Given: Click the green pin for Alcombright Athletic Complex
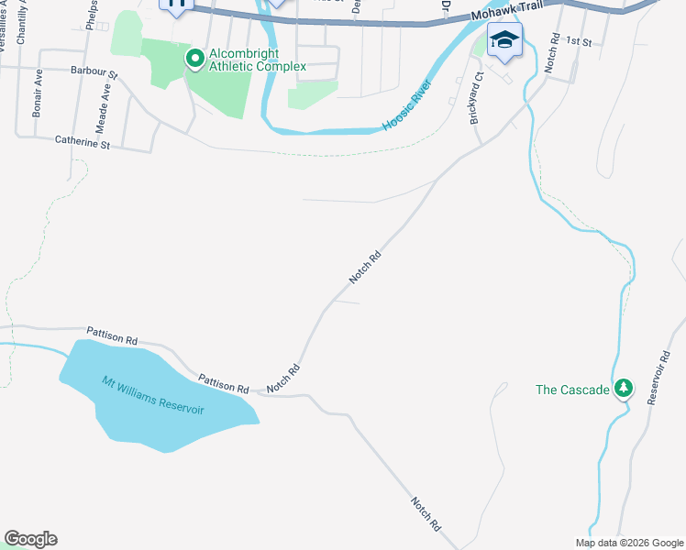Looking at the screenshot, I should (x=195, y=59).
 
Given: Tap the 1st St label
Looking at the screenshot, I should (x=580, y=41).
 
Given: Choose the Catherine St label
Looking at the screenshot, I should (x=83, y=143).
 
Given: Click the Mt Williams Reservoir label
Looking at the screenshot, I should (x=152, y=395).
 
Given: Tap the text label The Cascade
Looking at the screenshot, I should (x=572, y=390).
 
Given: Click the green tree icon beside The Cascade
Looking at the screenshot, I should (x=624, y=388).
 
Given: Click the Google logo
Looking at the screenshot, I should (x=30, y=539).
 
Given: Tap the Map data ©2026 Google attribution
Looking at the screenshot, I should (x=629, y=543).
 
